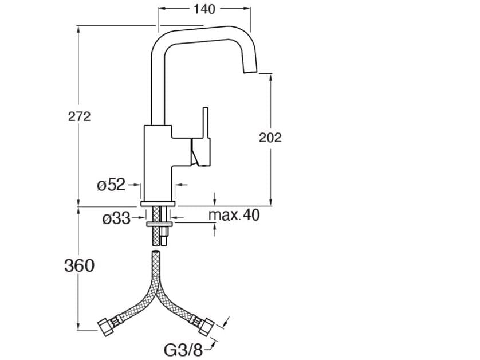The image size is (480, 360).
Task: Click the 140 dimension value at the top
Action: [x=204, y=9]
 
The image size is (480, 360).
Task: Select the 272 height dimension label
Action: [x=80, y=116]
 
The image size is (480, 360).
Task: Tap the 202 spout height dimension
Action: [x=270, y=137]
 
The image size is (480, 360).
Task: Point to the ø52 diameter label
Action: [x=111, y=185]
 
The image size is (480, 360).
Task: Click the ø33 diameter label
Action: [x=116, y=218]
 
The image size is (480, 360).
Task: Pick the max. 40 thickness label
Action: [x=234, y=216]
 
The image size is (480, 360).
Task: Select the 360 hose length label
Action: [x=78, y=265]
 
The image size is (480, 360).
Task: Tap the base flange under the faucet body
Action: [x=158, y=203]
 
